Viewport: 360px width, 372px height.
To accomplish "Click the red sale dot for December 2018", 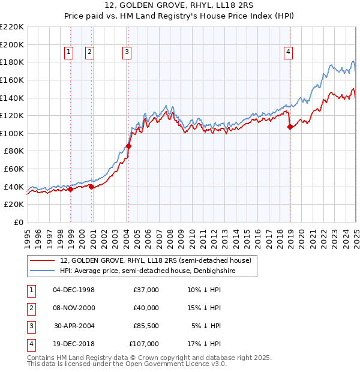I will [x=290, y=127].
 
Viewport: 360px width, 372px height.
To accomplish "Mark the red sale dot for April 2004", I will [x=128, y=146].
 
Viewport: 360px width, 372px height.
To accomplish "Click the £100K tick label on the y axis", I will [x=12, y=133].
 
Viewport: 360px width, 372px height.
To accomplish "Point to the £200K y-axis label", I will [x=12, y=44].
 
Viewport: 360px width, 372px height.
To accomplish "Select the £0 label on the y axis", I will [x=17, y=222].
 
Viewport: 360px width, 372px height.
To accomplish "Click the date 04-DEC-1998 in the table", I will [x=74, y=290].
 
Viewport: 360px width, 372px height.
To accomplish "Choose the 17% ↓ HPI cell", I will [x=204, y=344].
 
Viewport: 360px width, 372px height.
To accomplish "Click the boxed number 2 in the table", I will [x=31, y=308].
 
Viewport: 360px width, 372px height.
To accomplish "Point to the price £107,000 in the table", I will [x=144, y=344].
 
